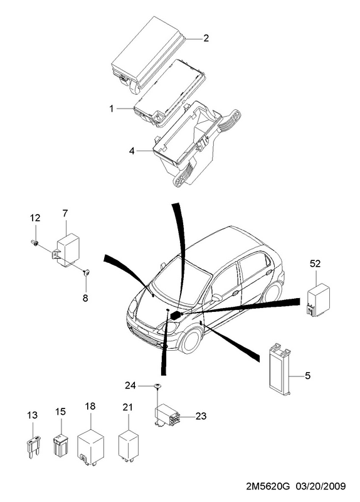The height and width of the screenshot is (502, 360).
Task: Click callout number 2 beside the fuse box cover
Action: pyautogui.click(x=206, y=38)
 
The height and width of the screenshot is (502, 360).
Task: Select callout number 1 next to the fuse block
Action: pyautogui.click(x=112, y=109)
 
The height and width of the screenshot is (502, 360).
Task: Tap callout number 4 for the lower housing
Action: pyautogui.click(x=132, y=151)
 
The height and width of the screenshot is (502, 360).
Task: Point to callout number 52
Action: pyautogui.click(x=315, y=264)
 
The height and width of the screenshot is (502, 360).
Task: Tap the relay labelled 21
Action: pyautogui.click(x=129, y=446)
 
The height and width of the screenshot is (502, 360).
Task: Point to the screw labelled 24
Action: pyautogui.click(x=157, y=387)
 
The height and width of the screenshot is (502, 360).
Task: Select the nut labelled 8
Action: pyautogui.click(x=86, y=272)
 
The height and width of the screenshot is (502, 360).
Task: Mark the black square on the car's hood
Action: pyautogui.click(x=176, y=315)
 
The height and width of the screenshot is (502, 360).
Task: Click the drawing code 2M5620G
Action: pyautogui.click(x=268, y=486)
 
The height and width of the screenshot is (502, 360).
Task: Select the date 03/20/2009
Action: pyautogui.click(x=321, y=486)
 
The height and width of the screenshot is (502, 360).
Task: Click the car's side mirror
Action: pyautogui.click(x=216, y=298)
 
